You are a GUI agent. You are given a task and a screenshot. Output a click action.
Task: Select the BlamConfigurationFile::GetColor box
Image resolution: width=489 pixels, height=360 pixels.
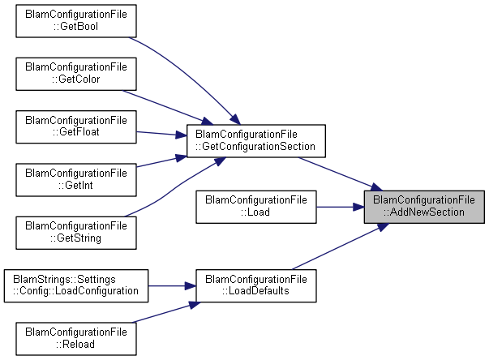point(76,72)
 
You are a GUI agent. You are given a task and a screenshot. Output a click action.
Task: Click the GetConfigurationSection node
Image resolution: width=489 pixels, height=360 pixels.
point(255,140)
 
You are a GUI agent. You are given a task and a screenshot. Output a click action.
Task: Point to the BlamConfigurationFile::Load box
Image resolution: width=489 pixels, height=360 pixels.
point(255,206)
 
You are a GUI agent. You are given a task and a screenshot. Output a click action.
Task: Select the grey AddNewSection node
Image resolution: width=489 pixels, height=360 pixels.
point(424,206)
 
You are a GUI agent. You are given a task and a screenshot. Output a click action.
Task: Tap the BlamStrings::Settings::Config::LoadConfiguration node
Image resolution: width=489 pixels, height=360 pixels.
point(76,285)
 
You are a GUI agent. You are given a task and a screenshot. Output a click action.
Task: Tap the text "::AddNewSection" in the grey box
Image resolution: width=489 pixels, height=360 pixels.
point(424,212)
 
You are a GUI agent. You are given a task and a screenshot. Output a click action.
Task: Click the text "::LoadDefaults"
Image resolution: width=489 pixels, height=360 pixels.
point(255,292)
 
